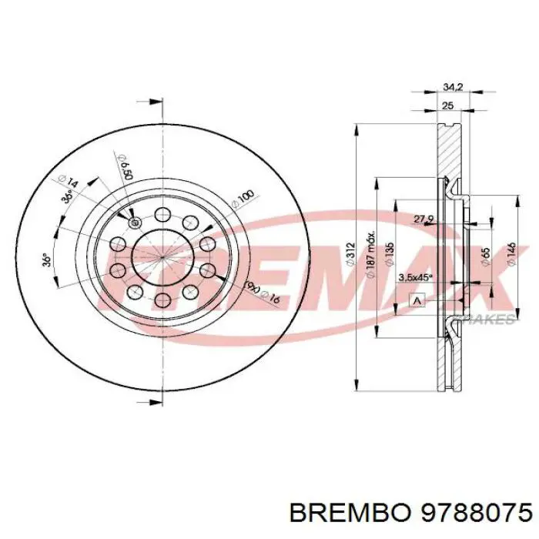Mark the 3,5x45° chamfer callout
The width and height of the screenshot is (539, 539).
pos(413,277)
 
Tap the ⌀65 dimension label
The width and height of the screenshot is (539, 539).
pos(485,256)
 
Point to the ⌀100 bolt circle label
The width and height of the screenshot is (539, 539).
pos(243,198)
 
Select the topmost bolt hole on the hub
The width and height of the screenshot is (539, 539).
pos(162,216)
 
